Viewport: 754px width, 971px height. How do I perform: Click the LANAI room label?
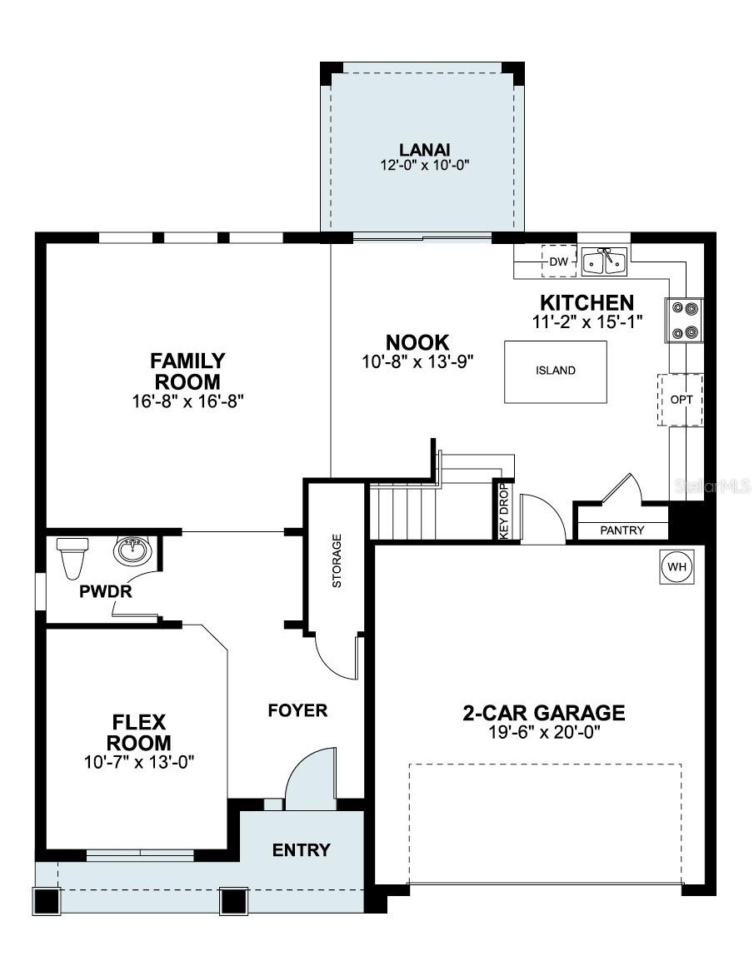423,150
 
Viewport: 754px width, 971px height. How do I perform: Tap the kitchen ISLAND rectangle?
555,371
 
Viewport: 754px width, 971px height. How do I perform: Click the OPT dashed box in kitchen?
682,400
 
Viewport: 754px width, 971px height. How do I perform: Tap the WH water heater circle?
677,567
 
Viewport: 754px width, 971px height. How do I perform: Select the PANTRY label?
622,530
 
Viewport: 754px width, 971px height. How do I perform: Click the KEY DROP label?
503,510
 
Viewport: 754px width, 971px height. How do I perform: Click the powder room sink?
131,550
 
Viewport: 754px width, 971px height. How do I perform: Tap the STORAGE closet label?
337,560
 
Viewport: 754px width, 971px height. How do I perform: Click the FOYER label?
297,710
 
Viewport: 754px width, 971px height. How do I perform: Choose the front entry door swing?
311,779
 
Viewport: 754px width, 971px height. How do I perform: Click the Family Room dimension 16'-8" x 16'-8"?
187,401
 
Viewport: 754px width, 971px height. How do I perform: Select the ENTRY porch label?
302,850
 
